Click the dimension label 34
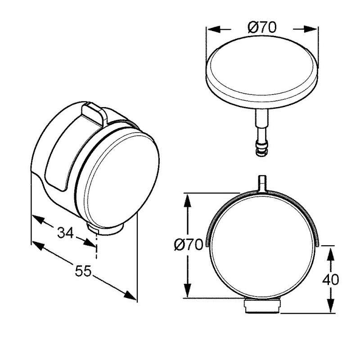pyautogui.click(x=65, y=233)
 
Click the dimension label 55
pyautogui.click(x=83, y=271)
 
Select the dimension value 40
pyautogui.click(x=331, y=279)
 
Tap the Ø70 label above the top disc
pyautogui.click(x=262, y=27)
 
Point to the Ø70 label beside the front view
pyautogui.click(x=189, y=244)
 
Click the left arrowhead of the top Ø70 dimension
pyautogui.click(x=213, y=29)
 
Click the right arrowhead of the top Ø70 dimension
pyautogui.click(x=311, y=29)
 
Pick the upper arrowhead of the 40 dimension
pyautogui.click(x=330, y=253)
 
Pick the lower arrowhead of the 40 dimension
pyautogui.click(x=330, y=306)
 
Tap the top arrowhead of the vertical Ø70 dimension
pyautogui.click(x=188, y=200)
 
